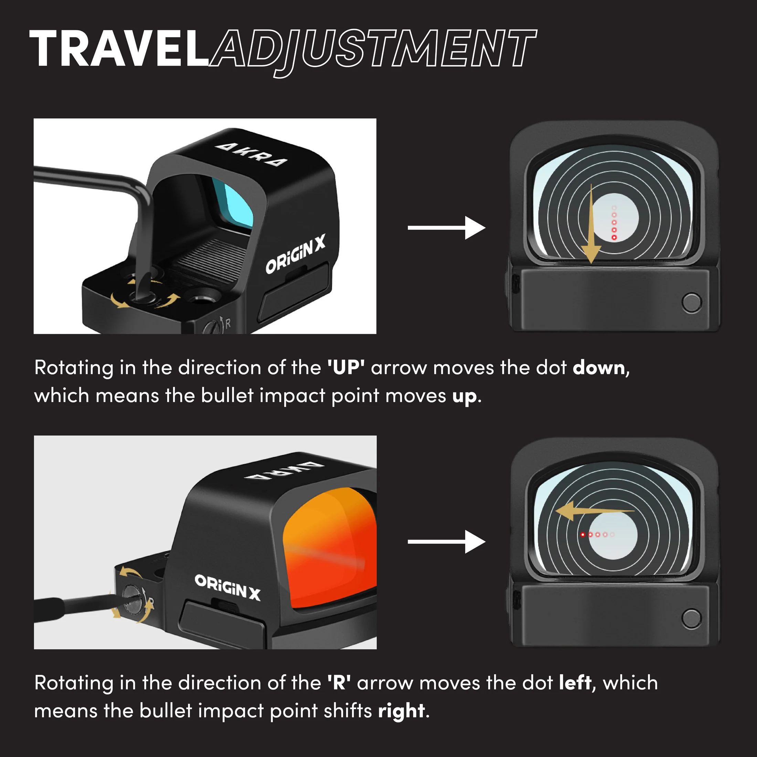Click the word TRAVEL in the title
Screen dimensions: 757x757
point(119,49)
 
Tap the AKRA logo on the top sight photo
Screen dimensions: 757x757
point(251,154)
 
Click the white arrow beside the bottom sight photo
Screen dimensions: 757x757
point(447,542)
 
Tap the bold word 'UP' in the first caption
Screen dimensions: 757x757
point(346,367)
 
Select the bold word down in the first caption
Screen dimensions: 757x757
point(599,367)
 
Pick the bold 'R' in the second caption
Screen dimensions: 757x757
point(339,683)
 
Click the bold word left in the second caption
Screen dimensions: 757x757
point(575,683)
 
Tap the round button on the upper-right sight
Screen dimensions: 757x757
point(692,302)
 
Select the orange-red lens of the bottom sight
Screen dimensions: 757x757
point(329,548)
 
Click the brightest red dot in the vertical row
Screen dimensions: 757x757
point(614,237)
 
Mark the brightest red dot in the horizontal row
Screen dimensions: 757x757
point(583,534)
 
